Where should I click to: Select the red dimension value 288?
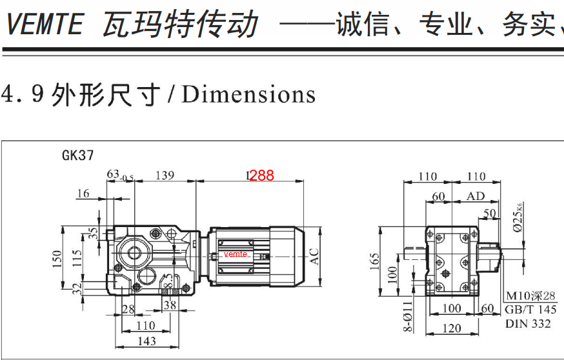click(261, 175)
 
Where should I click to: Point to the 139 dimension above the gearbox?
click(165, 175)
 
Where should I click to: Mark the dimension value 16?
click(83, 193)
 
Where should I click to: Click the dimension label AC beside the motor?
click(315, 256)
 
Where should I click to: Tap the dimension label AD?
click(476, 195)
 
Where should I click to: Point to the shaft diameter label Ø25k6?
click(514, 217)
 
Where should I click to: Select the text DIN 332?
click(528, 323)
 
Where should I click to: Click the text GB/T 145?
click(528, 310)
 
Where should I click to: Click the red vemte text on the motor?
click(236, 254)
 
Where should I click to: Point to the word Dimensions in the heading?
click(248, 95)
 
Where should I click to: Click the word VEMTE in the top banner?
click(44, 25)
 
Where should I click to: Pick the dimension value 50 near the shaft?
click(490, 212)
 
